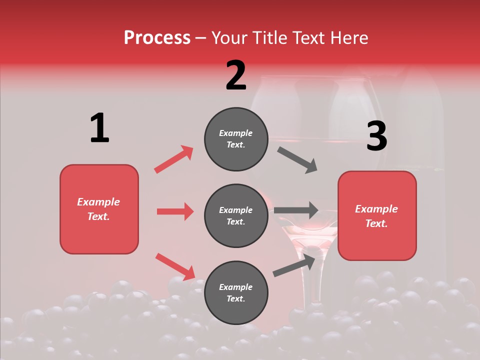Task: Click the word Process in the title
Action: [x=157, y=38]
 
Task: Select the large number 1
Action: [x=99, y=128]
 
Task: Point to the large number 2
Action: [x=235, y=75]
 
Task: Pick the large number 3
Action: [x=376, y=136]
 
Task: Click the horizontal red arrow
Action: [x=175, y=211]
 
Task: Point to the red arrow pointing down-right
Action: [x=175, y=266]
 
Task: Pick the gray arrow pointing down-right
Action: [x=297, y=160]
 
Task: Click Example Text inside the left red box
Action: [x=98, y=209]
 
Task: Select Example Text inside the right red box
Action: [x=376, y=216]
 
